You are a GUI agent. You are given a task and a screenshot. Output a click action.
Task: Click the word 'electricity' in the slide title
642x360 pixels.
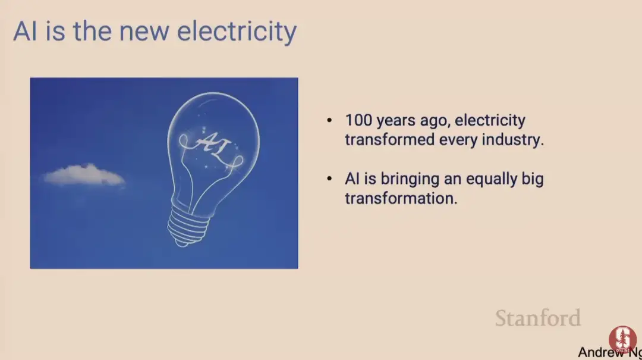pos(237,32)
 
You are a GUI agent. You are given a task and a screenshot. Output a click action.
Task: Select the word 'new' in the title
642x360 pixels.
pos(144,33)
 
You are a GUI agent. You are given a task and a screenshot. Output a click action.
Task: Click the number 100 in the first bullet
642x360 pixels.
pos(358,120)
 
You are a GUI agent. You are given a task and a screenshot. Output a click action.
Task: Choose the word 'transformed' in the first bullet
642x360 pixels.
pos(389,139)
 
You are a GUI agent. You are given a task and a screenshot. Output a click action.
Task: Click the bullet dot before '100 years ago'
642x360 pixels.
pos(329,120)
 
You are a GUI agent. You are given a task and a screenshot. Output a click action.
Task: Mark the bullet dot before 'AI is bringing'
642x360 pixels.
pos(329,179)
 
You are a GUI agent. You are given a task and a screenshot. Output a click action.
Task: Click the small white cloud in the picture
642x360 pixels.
pos(84,175)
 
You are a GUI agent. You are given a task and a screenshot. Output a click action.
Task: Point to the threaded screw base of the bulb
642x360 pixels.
pos(187,226)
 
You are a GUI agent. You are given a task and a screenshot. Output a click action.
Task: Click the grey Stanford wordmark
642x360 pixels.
pos(538,318)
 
